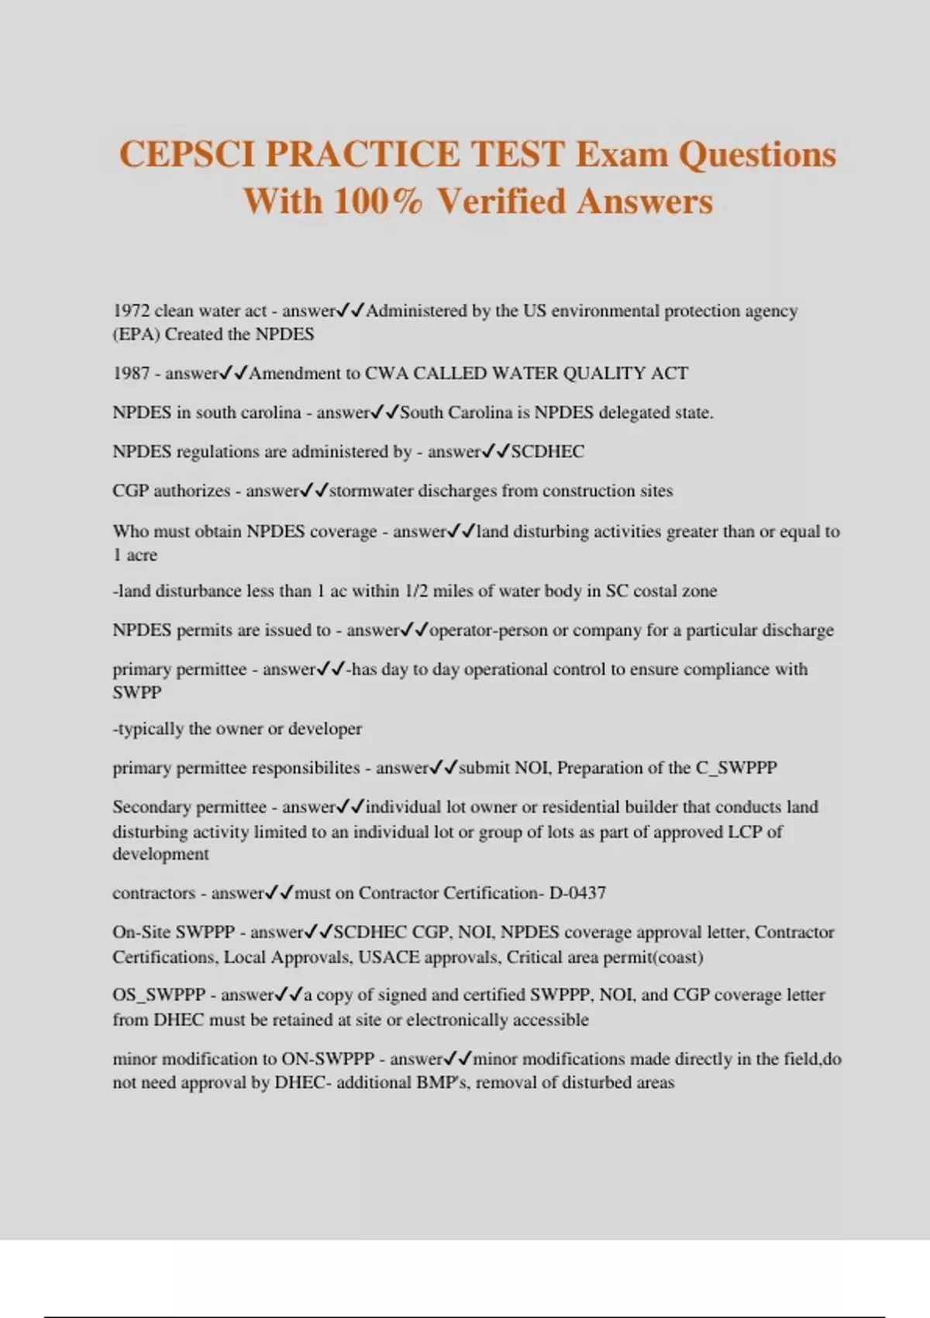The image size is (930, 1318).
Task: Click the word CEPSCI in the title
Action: [x=187, y=154]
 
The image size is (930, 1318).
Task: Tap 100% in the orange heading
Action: [x=378, y=202]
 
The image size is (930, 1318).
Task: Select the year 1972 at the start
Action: [x=130, y=311]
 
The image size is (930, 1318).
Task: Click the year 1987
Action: [x=130, y=374]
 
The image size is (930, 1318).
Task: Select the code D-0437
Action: [x=577, y=892]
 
